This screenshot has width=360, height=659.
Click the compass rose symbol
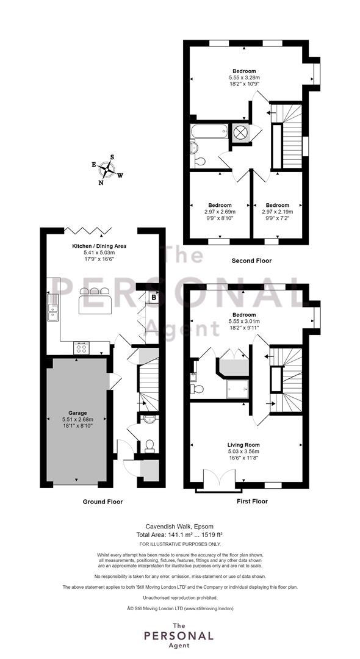107,170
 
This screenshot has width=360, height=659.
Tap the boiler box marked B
153,297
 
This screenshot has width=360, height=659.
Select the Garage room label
77,413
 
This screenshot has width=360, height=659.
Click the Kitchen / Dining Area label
99,246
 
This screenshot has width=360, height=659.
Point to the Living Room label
243,445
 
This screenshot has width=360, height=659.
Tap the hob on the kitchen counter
82,348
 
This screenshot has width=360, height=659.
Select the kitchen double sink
52,308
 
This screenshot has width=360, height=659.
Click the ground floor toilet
149,446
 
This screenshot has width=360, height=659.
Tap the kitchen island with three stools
95,300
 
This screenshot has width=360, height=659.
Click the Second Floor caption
251,261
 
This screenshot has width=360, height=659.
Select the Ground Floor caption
103,502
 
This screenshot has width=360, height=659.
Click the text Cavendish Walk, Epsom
179,526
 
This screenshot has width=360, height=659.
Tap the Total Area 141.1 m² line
179,535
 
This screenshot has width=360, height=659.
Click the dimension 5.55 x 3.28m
245,77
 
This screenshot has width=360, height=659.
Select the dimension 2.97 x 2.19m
277,212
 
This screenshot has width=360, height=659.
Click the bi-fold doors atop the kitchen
88,230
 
